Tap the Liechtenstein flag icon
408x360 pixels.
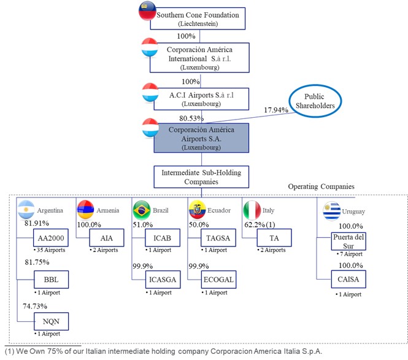148,11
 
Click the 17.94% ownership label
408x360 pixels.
276,110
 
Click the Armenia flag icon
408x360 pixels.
84,210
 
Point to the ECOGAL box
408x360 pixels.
218,281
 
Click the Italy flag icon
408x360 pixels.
252,210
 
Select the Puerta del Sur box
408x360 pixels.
348,240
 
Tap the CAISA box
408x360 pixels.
348,280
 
